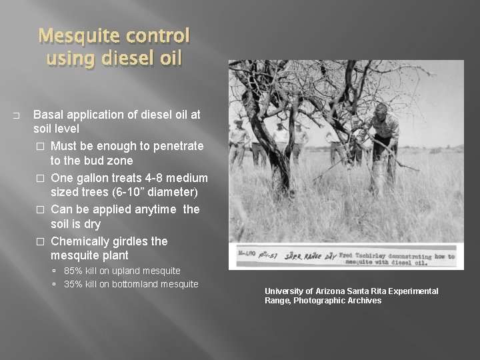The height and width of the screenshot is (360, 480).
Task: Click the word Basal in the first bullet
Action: pos(48,115)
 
